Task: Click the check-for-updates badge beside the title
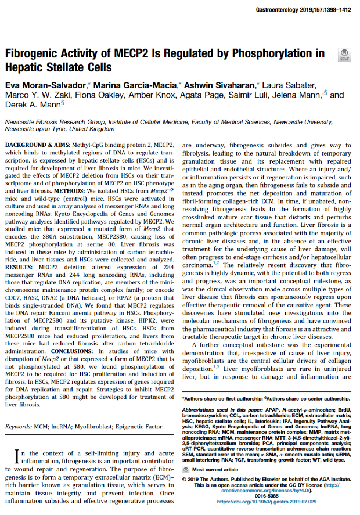[x=343, y=55]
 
